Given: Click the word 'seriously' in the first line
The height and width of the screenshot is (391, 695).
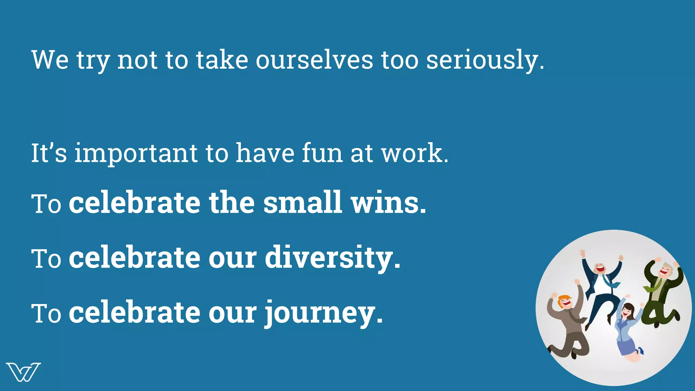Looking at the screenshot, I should click(482, 60).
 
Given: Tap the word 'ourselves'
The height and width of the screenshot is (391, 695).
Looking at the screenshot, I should click(314, 60).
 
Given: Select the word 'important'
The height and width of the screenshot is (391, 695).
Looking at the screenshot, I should click(136, 153).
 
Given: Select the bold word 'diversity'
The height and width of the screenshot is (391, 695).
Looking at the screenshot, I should click(328, 258).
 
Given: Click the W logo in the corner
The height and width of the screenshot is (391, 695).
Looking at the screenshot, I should click(23, 372).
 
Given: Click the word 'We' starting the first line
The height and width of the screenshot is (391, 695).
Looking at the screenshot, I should click(50, 60).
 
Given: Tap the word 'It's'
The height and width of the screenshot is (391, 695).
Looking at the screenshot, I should click(49, 153).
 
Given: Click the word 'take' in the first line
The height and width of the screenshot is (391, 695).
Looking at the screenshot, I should click(222, 60).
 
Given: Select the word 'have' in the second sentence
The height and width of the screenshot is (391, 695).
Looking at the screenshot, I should click(265, 153).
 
